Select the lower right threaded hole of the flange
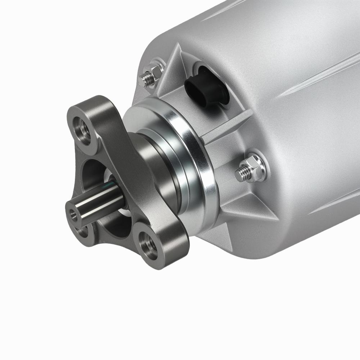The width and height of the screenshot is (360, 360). (149, 245)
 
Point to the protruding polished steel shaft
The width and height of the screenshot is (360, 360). (97, 205)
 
